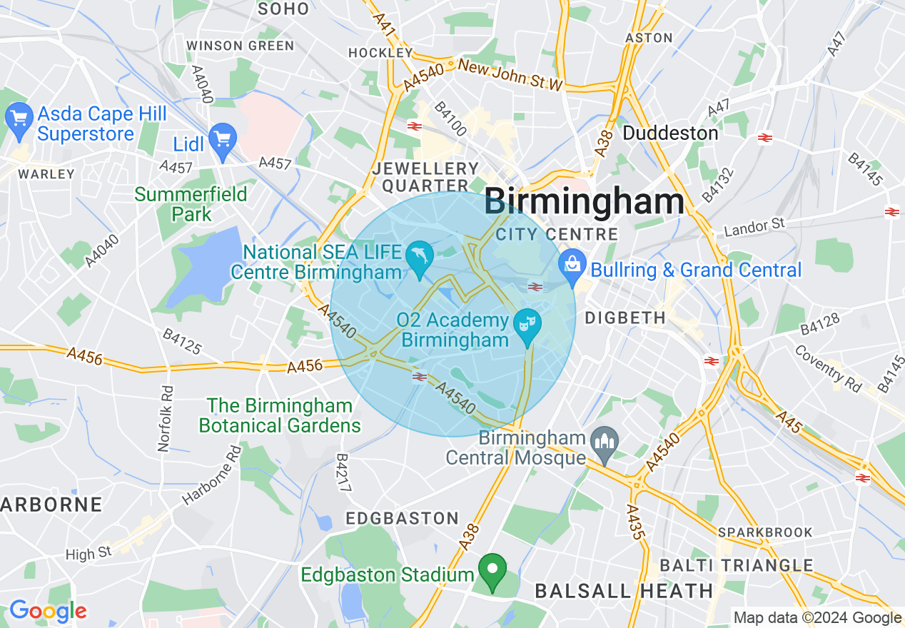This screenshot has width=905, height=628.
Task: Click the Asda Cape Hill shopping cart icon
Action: coord(19,117)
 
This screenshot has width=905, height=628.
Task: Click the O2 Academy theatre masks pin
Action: coord(528,325)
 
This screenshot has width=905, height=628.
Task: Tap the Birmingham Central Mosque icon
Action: coord(605,444)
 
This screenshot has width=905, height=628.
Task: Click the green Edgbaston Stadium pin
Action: coord(492,570)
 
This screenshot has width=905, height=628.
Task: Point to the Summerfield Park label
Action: coord(191,204)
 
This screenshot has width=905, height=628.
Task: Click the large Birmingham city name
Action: coord(584,202)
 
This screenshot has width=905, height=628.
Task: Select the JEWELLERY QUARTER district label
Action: coord(426,177)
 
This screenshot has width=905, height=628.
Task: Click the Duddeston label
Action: coord(670,133)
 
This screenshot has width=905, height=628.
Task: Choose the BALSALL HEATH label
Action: coord(624,591)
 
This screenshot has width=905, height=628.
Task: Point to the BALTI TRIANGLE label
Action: coord(736,565)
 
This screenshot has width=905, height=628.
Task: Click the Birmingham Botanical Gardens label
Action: coord(280,416)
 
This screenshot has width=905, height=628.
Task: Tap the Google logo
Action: coord(48,611)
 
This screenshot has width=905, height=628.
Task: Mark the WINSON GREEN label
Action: coord(240,46)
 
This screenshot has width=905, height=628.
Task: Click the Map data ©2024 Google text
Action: coord(817,618)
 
